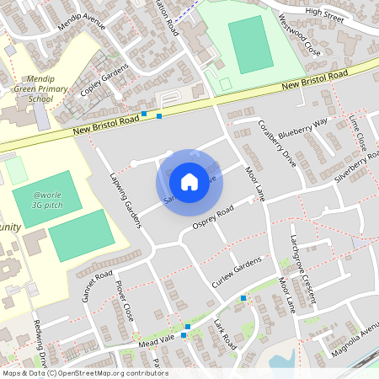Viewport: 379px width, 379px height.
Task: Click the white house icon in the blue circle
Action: click(189, 181)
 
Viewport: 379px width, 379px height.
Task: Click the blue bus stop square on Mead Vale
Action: click(188, 326)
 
